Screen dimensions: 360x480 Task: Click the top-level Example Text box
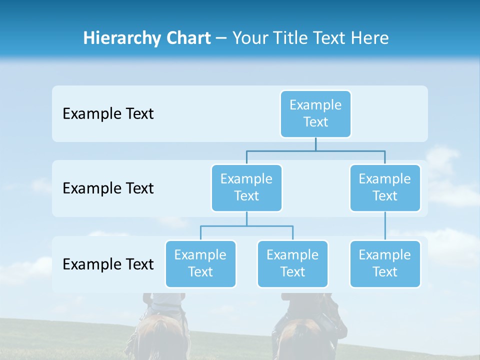[315, 113]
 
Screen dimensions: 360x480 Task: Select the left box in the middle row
[246, 187]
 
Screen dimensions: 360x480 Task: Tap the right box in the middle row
[384, 187]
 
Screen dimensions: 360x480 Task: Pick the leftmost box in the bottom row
[200, 263]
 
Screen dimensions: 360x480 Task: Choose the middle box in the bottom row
[292, 263]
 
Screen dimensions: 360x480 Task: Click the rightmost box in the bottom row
[384, 263]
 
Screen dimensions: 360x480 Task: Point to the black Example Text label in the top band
[108, 114]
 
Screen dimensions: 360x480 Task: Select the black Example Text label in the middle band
[108, 188]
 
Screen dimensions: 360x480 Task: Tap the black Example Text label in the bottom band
[108, 264]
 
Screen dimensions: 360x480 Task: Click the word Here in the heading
[369, 38]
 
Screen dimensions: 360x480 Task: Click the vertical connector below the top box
[315, 144]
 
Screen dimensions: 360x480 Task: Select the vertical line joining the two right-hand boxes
[385, 226]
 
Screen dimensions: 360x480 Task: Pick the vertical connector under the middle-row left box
[246, 218]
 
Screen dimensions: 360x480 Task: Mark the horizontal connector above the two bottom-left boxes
[246, 226]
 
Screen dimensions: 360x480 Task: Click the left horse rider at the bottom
[160, 325]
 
